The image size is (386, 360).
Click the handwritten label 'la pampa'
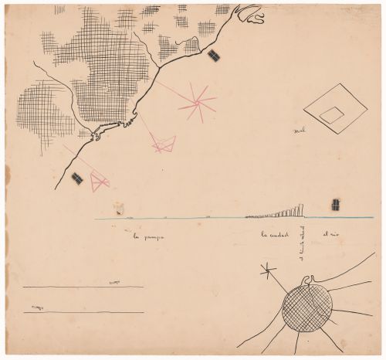click(151, 236)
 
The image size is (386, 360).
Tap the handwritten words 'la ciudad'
click(275, 235)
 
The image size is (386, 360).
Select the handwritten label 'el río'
click(331, 233)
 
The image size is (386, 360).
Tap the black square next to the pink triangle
click(77, 179)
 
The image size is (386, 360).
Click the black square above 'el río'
click(335, 204)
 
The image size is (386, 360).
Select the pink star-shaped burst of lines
click(198, 101)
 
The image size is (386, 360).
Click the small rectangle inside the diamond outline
click(332, 115)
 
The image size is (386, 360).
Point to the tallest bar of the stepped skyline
click(302, 209)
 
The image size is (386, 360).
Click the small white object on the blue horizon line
click(120, 209)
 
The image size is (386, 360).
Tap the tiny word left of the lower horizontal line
click(33, 308)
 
